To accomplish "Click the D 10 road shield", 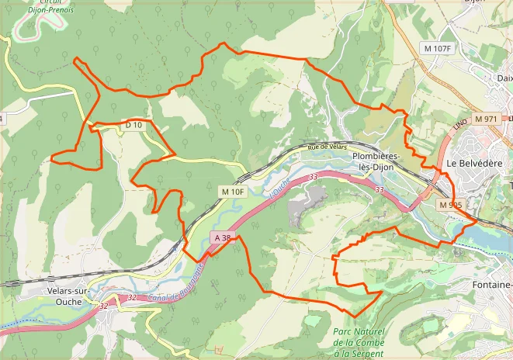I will tap(133, 125).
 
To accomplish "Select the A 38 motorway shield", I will tap(221, 237).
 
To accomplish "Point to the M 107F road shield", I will tap(438, 49).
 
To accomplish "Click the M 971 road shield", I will tap(485, 119).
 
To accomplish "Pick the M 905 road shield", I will tap(449, 205).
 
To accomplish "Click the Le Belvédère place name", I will tap(475, 164).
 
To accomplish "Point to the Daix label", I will tap(504, 78).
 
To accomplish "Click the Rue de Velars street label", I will tap(327, 147).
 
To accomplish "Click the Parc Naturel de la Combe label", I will tap(358, 342).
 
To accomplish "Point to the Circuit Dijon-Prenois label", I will tap(40, 6).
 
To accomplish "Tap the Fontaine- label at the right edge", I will tap(491, 285).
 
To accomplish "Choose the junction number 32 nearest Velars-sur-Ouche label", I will tap(103, 306).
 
